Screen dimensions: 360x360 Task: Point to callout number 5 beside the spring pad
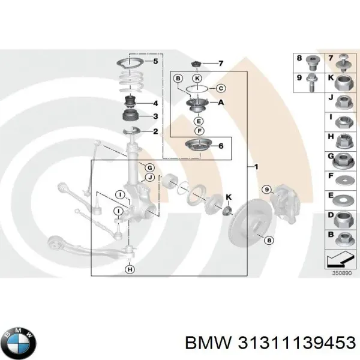(155, 62)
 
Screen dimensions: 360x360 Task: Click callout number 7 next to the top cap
(221, 63)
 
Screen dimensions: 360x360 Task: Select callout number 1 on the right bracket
(257, 166)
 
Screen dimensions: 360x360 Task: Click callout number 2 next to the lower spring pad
(155, 131)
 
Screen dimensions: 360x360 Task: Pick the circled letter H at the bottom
(130, 271)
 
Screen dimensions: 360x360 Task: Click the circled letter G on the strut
(150, 167)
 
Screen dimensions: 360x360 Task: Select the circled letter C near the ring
(220, 89)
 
